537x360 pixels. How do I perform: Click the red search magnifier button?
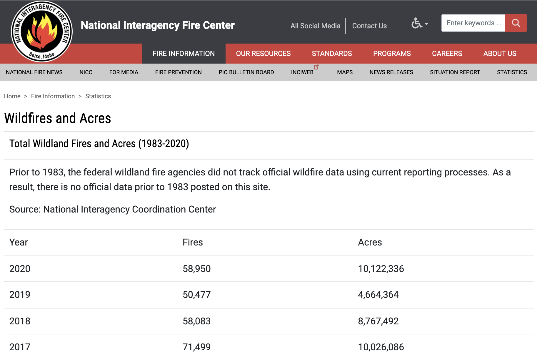(516, 23)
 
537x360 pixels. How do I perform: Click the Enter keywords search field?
(473, 23)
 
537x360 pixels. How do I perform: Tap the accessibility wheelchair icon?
(417, 23)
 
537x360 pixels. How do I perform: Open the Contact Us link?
(369, 26)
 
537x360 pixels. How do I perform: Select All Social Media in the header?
(315, 26)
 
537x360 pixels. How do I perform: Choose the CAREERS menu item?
(447, 54)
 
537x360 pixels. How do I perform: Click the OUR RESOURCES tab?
(263, 54)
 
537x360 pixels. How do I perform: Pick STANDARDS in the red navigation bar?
(332, 54)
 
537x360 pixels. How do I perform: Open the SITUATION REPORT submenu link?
(455, 72)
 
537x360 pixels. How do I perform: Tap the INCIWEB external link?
(302, 72)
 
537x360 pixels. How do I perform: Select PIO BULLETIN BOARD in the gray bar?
(246, 72)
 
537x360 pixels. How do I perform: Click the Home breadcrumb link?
(12, 96)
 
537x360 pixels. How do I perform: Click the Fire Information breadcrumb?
(53, 96)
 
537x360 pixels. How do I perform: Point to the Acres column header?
(370, 242)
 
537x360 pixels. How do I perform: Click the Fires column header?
(193, 242)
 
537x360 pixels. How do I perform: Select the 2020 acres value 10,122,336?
(381, 269)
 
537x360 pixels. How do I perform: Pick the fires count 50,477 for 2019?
(196, 295)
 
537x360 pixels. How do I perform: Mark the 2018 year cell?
(20, 321)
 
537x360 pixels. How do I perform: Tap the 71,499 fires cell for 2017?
(196, 347)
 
